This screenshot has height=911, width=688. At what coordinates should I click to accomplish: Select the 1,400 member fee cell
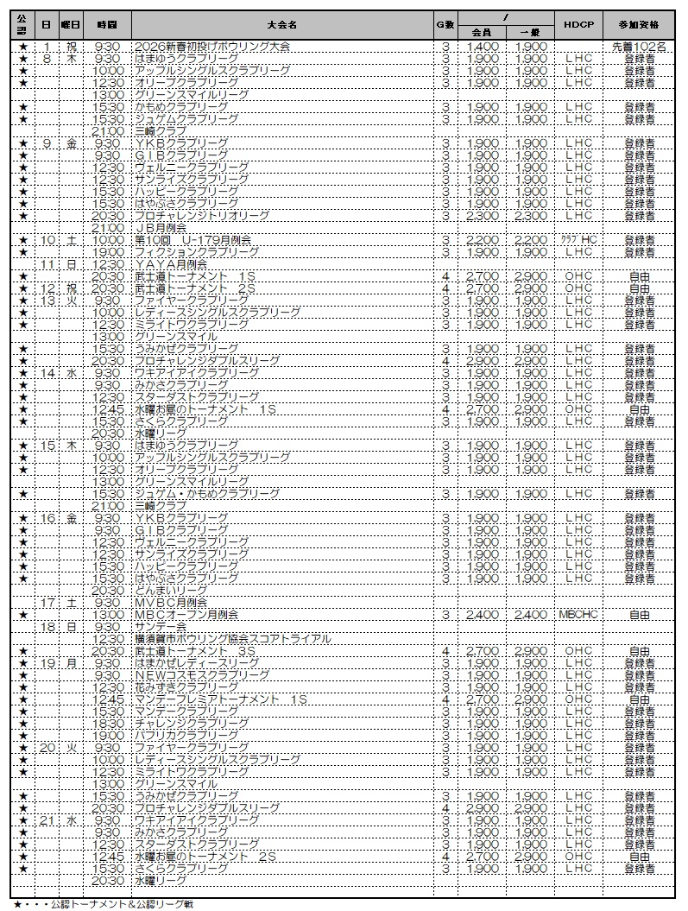[x=483, y=46]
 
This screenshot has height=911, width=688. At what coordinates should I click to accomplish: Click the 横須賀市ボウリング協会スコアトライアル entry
[x=244, y=639]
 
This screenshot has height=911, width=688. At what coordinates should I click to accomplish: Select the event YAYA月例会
[x=171, y=263]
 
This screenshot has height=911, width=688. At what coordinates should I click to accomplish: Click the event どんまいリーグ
[x=171, y=591]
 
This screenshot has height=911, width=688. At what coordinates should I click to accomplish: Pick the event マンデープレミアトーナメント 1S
[x=221, y=699]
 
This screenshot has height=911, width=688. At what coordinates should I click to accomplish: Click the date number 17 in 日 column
[x=48, y=603]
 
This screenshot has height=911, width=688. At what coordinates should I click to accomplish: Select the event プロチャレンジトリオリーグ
[x=202, y=215]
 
